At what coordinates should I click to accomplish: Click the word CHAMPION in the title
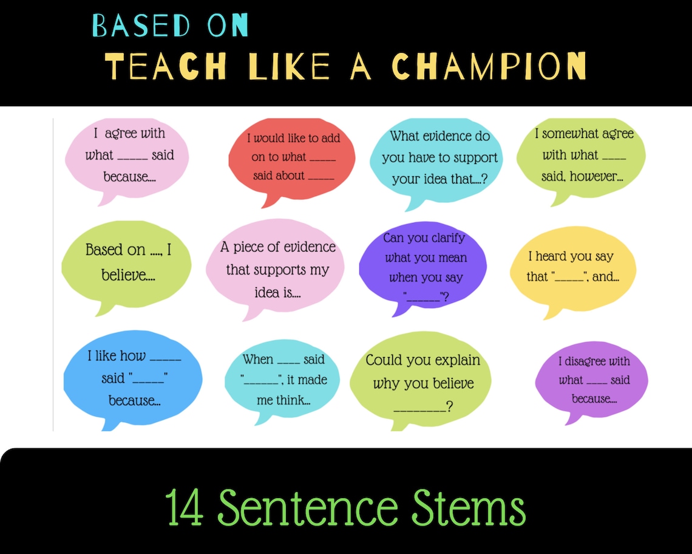[x=489, y=65]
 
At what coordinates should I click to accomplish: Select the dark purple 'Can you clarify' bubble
[x=423, y=267]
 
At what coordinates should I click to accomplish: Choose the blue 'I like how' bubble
[x=133, y=378]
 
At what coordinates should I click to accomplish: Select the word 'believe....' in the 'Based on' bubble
[x=128, y=275]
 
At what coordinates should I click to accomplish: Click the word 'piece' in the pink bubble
[x=248, y=247]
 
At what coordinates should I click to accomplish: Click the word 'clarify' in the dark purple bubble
[x=446, y=238]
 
